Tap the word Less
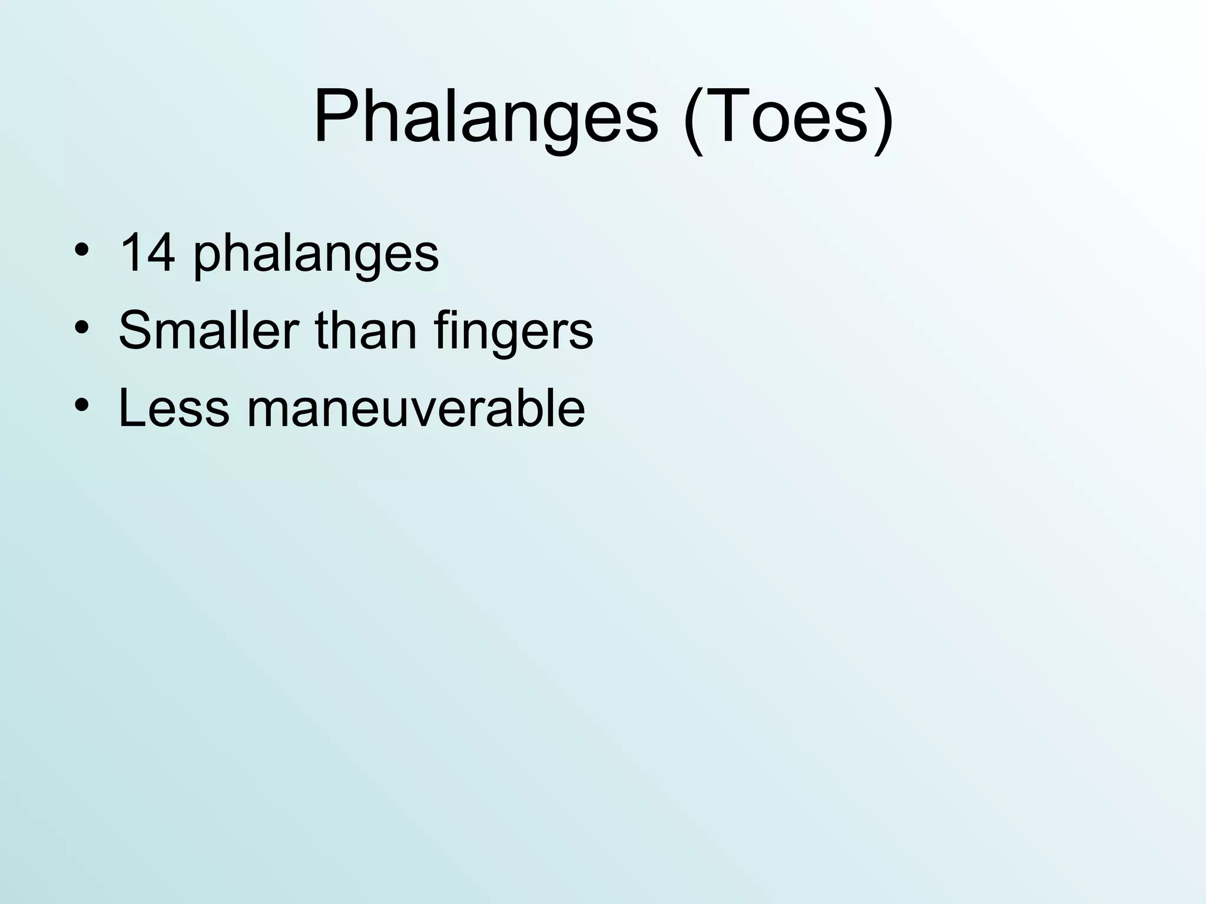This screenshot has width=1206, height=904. (x=173, y=407)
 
